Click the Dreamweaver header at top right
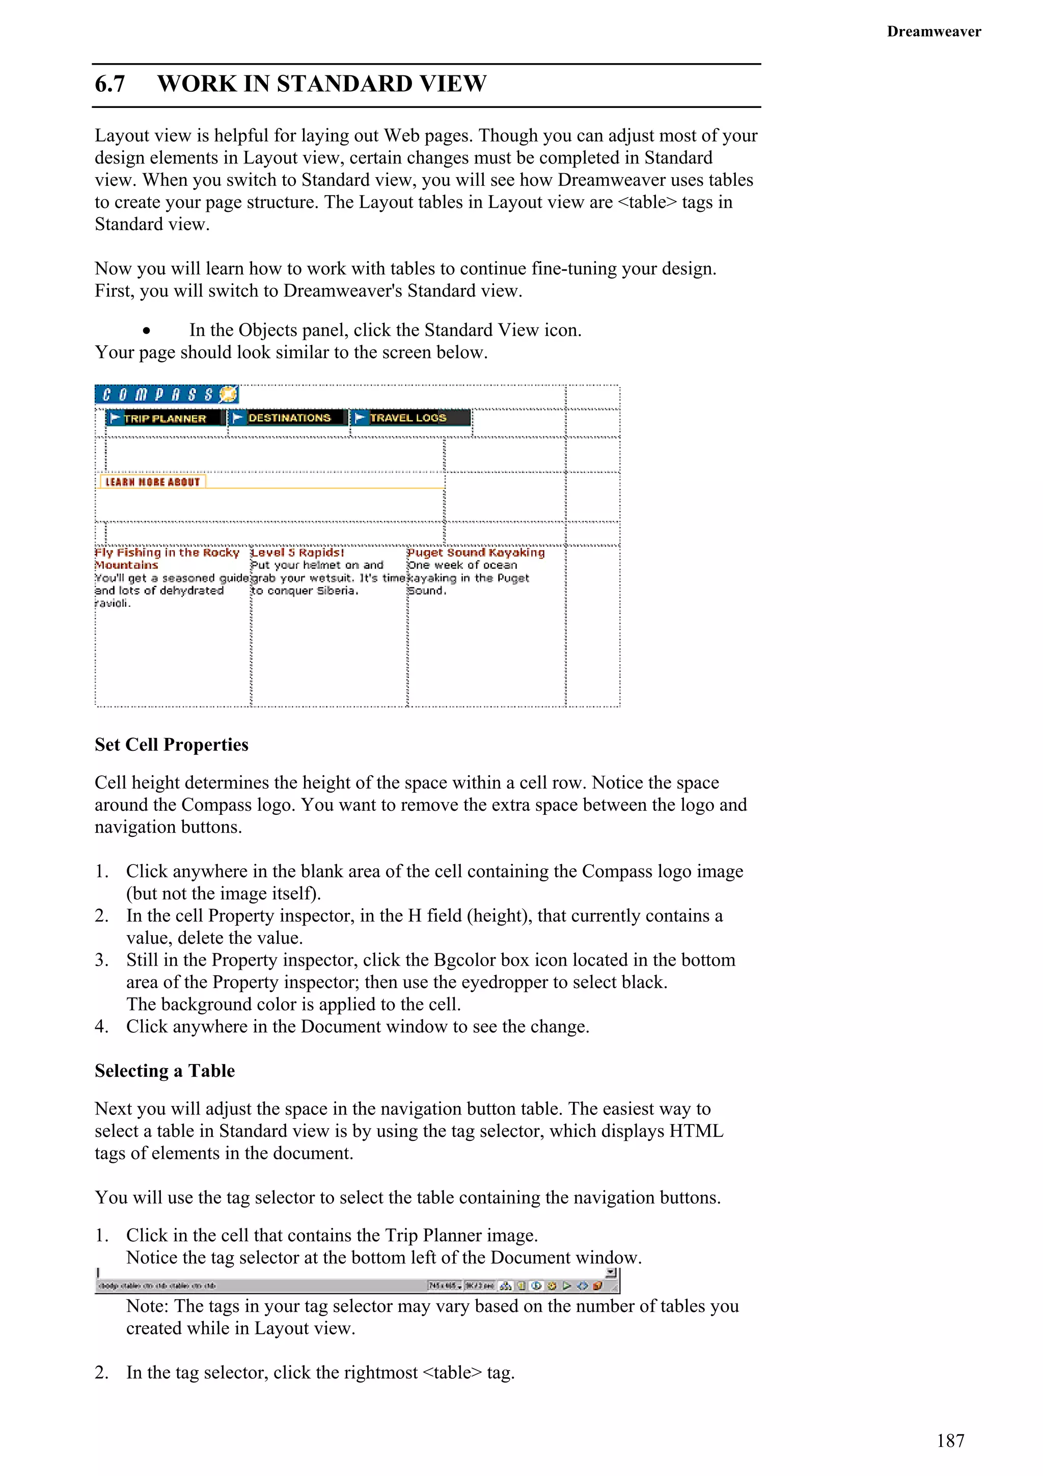(933, 32)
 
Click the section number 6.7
(110, 84)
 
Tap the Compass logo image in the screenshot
(167, 394)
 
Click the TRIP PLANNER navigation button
(165, 418)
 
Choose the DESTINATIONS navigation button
(289, 418)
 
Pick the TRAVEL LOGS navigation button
(409, 418)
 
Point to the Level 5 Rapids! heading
(297, 552)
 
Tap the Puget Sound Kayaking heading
(476, 552)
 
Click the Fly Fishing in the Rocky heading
(167, 552)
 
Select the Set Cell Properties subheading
(171, 745)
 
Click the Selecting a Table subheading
(164, 1071)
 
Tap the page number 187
(950, 1441)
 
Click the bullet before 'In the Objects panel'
(147, 331)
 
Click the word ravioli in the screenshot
(113, 603)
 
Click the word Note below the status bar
(147, 1306)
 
